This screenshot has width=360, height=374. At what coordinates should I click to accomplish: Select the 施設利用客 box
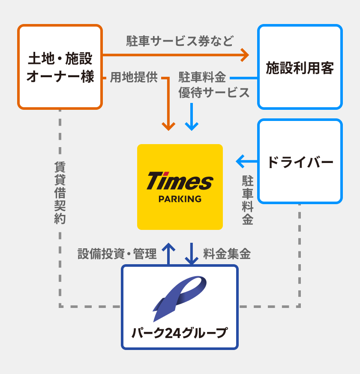300,67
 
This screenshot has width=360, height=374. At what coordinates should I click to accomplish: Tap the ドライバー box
300,162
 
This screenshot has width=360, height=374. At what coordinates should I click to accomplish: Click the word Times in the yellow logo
180,181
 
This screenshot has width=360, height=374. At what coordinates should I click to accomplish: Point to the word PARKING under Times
180,199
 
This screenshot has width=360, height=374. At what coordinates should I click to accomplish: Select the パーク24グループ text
180,333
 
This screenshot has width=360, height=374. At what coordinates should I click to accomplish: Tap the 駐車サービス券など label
180,41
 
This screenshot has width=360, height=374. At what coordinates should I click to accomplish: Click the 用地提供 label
134,77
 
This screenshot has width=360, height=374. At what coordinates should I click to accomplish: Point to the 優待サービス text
214,93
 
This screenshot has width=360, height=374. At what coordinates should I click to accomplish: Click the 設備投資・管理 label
117,254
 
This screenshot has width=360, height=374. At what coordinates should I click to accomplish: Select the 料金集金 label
227,254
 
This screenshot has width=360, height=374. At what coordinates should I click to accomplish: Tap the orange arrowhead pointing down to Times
168,127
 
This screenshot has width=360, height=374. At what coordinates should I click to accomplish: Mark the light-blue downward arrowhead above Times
192,127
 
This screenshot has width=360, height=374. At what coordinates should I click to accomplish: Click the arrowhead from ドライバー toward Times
240,162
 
